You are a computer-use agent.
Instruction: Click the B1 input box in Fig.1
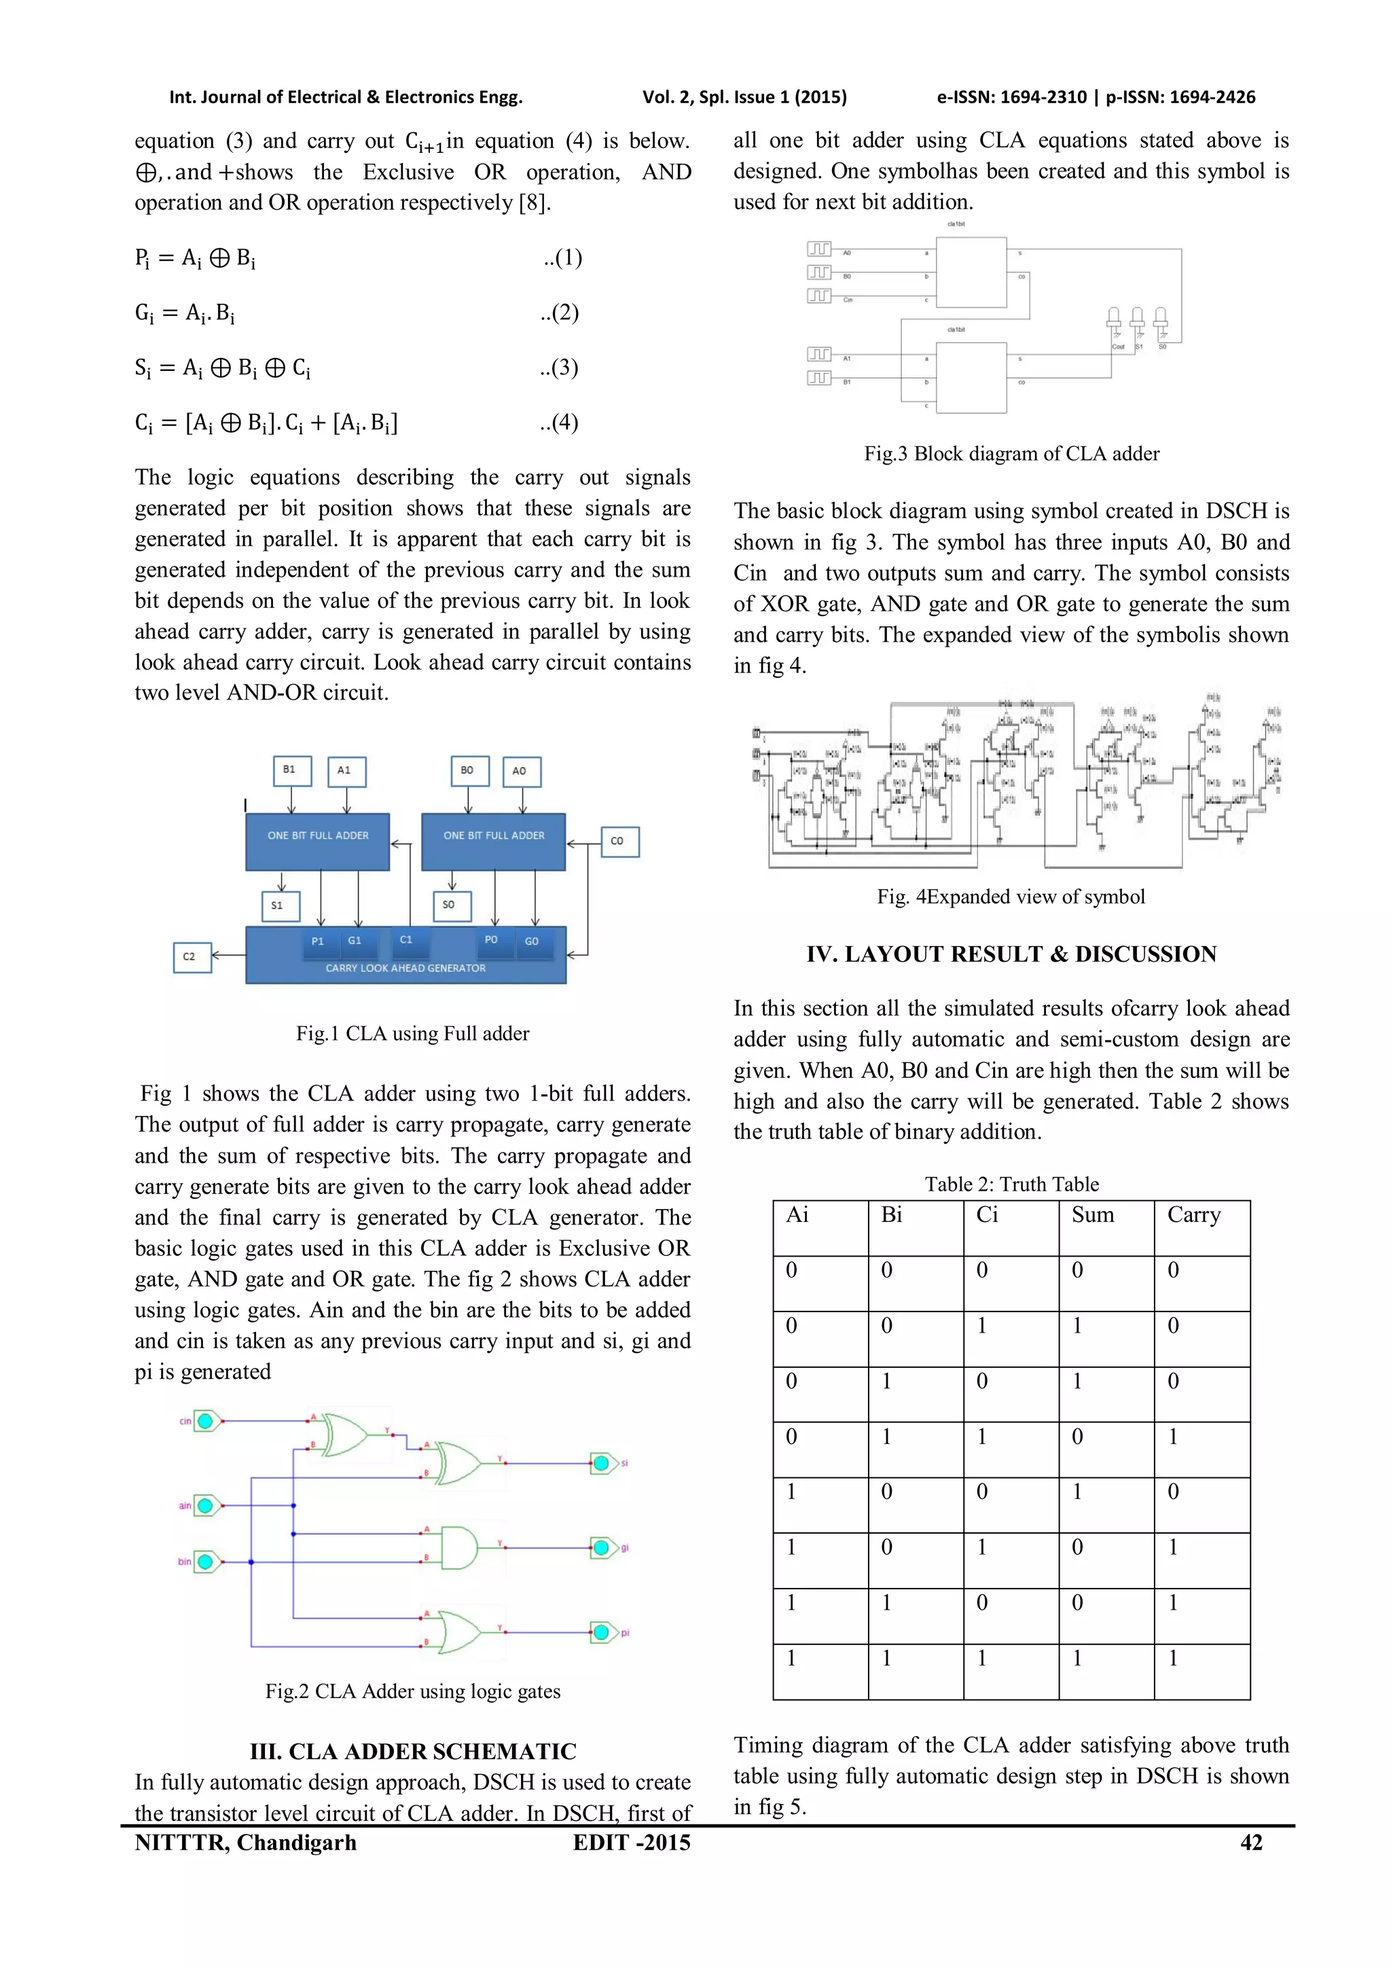tap(291, 770)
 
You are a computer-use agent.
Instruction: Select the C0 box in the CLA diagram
tap(619, 842)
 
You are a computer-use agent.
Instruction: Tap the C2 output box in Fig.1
tap(191, 956)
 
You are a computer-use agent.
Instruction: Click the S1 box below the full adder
tap(279, 905)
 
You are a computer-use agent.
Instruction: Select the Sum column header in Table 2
tap(1093, 1215)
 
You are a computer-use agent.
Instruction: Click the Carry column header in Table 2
tap(1194, 1215)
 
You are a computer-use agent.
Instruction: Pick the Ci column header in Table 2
tap(987, 1215)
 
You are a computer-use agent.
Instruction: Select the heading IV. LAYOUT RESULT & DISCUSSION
tap(1011, 954)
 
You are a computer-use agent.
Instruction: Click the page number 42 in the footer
tap(1250, 1843)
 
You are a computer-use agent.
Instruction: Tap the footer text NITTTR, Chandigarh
tap(245, 1843)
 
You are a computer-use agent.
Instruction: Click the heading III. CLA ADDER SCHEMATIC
tap(413, 1751)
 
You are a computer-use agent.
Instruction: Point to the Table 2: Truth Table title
tap(1011, 1184)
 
